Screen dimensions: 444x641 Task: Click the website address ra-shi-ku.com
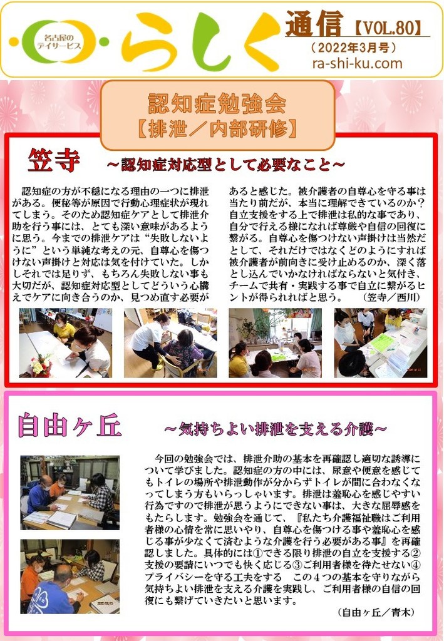pyautogui.click(x=357, y=63)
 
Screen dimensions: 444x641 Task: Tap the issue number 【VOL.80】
pyautogui.click(x=386, y=28)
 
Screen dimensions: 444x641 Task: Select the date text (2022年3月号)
pyautogui.click(x=354, y=48)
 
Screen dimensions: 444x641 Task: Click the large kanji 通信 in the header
pyautogui.click(x=314, y=24)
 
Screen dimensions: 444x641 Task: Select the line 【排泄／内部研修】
pyautogui.click(x=217, y=129)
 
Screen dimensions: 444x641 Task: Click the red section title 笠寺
pyautogui.click(x=53, y=160)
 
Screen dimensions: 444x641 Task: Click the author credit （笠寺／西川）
pyautogui.click(x=391, y=297)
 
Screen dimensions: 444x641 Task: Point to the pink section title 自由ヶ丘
pyautogui.click(x=70, y=425)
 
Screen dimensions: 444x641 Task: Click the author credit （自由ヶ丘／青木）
pyautogui.click(x=377, y=612)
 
